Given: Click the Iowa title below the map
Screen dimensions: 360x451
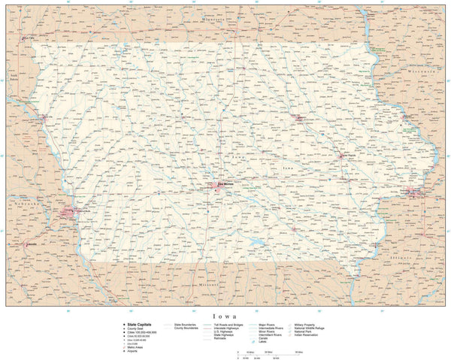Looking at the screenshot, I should pos(225,316).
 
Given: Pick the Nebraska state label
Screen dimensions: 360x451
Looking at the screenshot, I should pos(24,203).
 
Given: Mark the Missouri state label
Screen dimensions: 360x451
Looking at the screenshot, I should pos(207,286).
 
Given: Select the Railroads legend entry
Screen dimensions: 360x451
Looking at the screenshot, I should pos(219,338).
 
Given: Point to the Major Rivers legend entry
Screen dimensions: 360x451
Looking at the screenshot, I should pos(268,325).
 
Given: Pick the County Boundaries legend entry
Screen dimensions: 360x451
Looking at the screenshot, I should pos(185,328).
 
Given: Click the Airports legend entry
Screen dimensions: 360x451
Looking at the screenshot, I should pos(131,351).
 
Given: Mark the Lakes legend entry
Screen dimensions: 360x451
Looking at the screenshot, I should pos(262,342).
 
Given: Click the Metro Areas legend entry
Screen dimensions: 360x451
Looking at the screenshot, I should pos(133,346).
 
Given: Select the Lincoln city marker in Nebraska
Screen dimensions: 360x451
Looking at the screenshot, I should pos(28,244).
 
